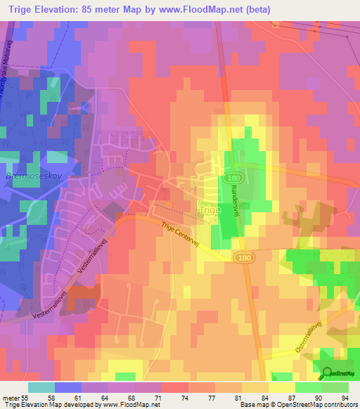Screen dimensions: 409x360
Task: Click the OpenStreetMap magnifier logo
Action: (x=327, y=372)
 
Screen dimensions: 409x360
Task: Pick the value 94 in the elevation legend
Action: (x=345, y=398)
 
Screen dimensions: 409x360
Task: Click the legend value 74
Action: (x=184, y=398)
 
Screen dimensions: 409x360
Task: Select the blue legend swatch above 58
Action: (x=68, y=387)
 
